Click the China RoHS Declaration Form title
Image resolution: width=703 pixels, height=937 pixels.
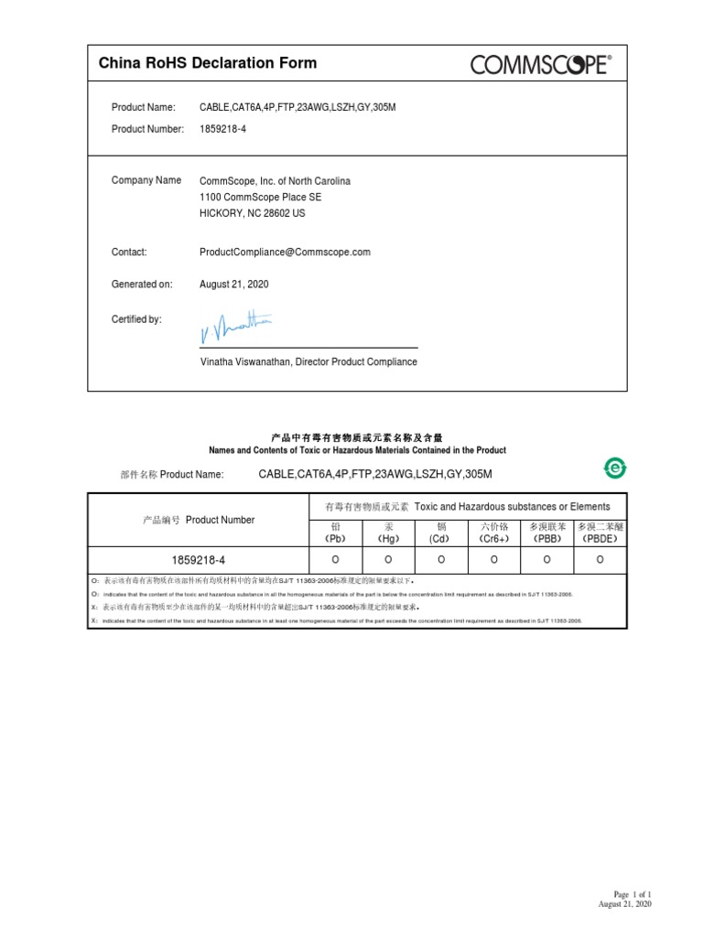(x=208, y=63)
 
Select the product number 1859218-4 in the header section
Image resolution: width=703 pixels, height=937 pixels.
(x=222, y=129)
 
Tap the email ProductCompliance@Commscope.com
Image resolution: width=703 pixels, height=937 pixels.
(x=285, y=252)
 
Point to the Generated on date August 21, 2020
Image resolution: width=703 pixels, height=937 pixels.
(x=234, y=285)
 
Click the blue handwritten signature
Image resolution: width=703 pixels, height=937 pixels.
(x=234, y=325)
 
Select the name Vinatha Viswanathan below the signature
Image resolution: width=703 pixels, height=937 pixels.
(x=244, y=361)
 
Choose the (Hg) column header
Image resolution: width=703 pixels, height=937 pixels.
(x=388, y=539)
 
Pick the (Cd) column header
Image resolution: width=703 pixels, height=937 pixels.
(x=441, y=539)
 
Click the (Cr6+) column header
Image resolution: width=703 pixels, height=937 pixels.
(x=494, y=539)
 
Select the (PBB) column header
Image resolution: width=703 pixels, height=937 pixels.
(x=546, y=539)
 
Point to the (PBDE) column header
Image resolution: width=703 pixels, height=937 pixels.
(x=600, y=539)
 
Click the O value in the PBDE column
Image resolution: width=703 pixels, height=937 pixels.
(x=600, y=559)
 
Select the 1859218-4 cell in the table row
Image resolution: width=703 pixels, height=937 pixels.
(x=198, y=559)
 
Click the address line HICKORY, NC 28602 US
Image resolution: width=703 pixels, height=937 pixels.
(x=252, y=213)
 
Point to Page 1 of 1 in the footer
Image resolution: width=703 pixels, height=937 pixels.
(x=631, y=894)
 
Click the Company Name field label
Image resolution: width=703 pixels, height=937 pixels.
(x=146, y=180)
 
